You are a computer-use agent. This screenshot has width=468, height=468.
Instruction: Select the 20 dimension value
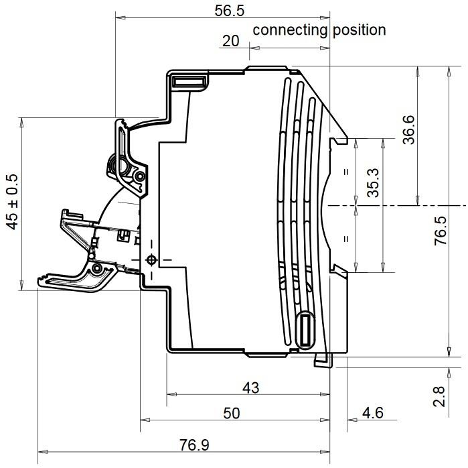pos(230,41)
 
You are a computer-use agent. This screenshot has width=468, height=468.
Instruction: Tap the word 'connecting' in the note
pos(290,30)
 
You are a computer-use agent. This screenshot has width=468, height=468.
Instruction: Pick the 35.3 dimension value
pos(374,182)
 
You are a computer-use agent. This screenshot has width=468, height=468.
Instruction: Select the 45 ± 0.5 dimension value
pos(12,202)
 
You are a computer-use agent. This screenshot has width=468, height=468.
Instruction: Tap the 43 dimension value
pos(250,388)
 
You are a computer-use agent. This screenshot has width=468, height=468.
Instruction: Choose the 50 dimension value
pos(231,414)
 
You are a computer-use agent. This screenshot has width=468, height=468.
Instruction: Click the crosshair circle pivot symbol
pos(151,259)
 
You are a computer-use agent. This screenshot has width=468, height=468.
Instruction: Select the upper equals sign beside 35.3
pos(346,172)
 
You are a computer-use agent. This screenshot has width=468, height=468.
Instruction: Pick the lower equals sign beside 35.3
pos(346,239)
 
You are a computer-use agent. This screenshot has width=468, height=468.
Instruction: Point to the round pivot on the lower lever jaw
pos(98,269)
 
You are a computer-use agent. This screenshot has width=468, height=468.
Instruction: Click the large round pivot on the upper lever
pos(123,165)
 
